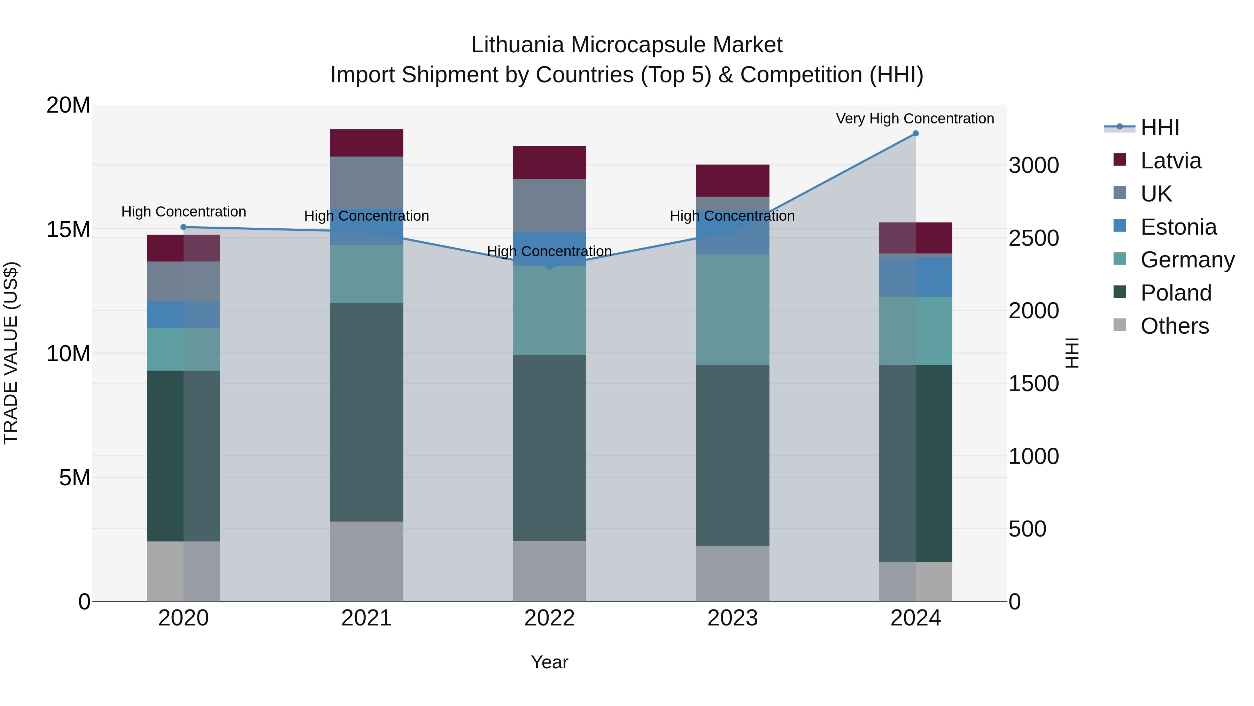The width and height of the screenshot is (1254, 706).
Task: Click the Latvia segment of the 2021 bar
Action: pyautogui.click(x=366, y=143)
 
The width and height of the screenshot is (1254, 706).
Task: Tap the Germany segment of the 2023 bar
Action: pyautogui.click(x=732, y=309)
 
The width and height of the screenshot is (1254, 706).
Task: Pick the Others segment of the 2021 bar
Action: pyautogui.click(x=366, y=561)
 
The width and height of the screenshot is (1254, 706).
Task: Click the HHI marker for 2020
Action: pyautogui.click(x=184, y=227)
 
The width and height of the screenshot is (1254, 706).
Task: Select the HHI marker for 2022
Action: pyautogui.click(x=550, y=267)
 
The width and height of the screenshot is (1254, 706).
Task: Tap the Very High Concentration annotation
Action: pyautogui.click(x=915, y=119)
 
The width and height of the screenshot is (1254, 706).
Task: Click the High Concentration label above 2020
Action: pyautogui.click(x=184, y=212)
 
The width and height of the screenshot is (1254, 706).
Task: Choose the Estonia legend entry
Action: pyautogui.click(x=1178, y=227)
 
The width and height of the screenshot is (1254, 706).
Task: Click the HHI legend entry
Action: pyautogui.click(x=1160, y=128)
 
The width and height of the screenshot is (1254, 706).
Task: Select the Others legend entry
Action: pyautogui.click(x=1174, y=326)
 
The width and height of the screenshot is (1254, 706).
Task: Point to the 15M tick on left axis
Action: pyautogui.click(x=68, y=229)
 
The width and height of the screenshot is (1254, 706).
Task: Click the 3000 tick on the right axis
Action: pyautogui.click(x=1034, y=165)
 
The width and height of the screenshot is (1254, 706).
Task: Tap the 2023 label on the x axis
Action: pyautogui.click(x=732, y=618)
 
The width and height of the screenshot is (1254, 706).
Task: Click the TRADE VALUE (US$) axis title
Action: pyautogui.click(x=11, y=353)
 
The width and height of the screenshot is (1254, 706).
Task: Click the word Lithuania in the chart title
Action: pyautogui.click(x=518, y=45)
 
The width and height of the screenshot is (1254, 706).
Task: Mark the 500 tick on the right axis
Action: pyautogui.click(x=1027, y=529)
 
